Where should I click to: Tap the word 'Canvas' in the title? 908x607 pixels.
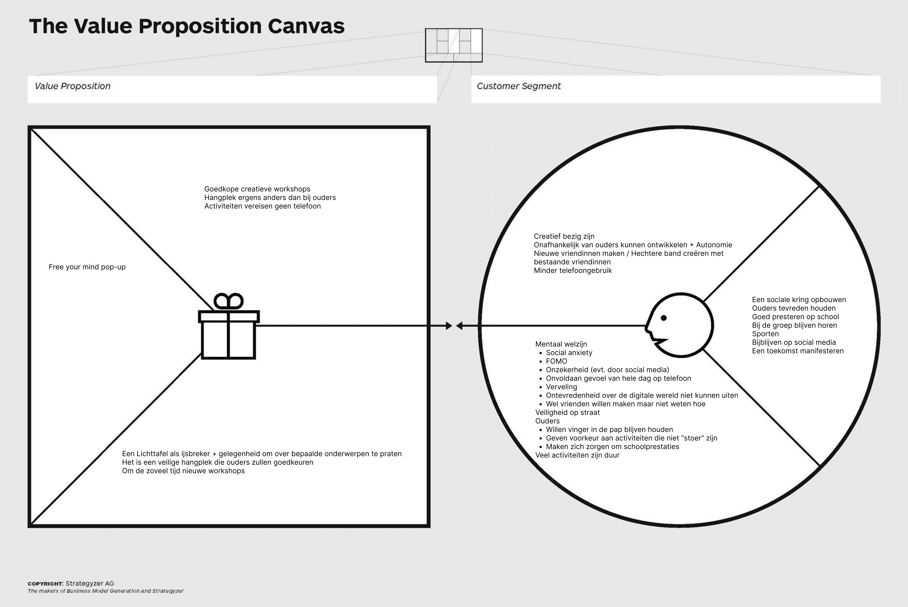pyautogui.click(x=306, y=26)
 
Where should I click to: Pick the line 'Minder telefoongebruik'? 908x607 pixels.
pyautogui.click(x=573, y=271)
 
